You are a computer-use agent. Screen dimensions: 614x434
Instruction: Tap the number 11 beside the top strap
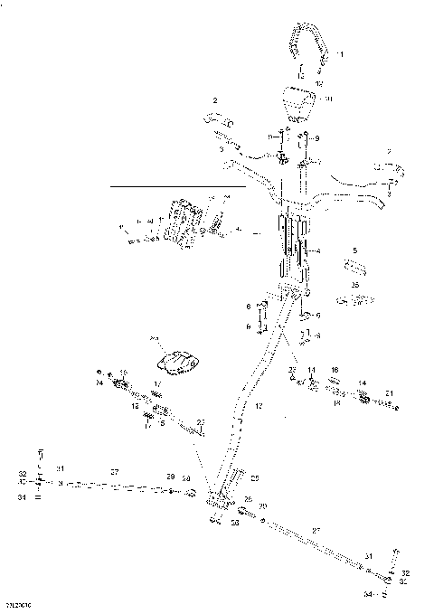340,55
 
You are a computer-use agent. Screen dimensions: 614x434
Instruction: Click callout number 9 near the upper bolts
316,138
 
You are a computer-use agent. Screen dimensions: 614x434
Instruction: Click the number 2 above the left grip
215,99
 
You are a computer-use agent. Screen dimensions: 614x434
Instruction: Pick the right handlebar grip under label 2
388,170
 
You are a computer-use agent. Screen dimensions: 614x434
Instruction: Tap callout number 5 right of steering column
355,250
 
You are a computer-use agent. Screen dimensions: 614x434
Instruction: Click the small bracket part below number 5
355,268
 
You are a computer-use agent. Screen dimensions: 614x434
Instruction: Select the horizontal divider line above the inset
177,186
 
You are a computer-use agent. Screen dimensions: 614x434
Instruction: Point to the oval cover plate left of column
179,363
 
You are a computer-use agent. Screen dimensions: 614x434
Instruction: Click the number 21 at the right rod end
389,392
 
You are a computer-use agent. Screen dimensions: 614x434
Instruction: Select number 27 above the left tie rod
115,472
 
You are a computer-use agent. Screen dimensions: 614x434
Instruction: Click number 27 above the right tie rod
315,530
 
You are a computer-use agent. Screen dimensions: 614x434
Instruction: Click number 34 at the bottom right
368,595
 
